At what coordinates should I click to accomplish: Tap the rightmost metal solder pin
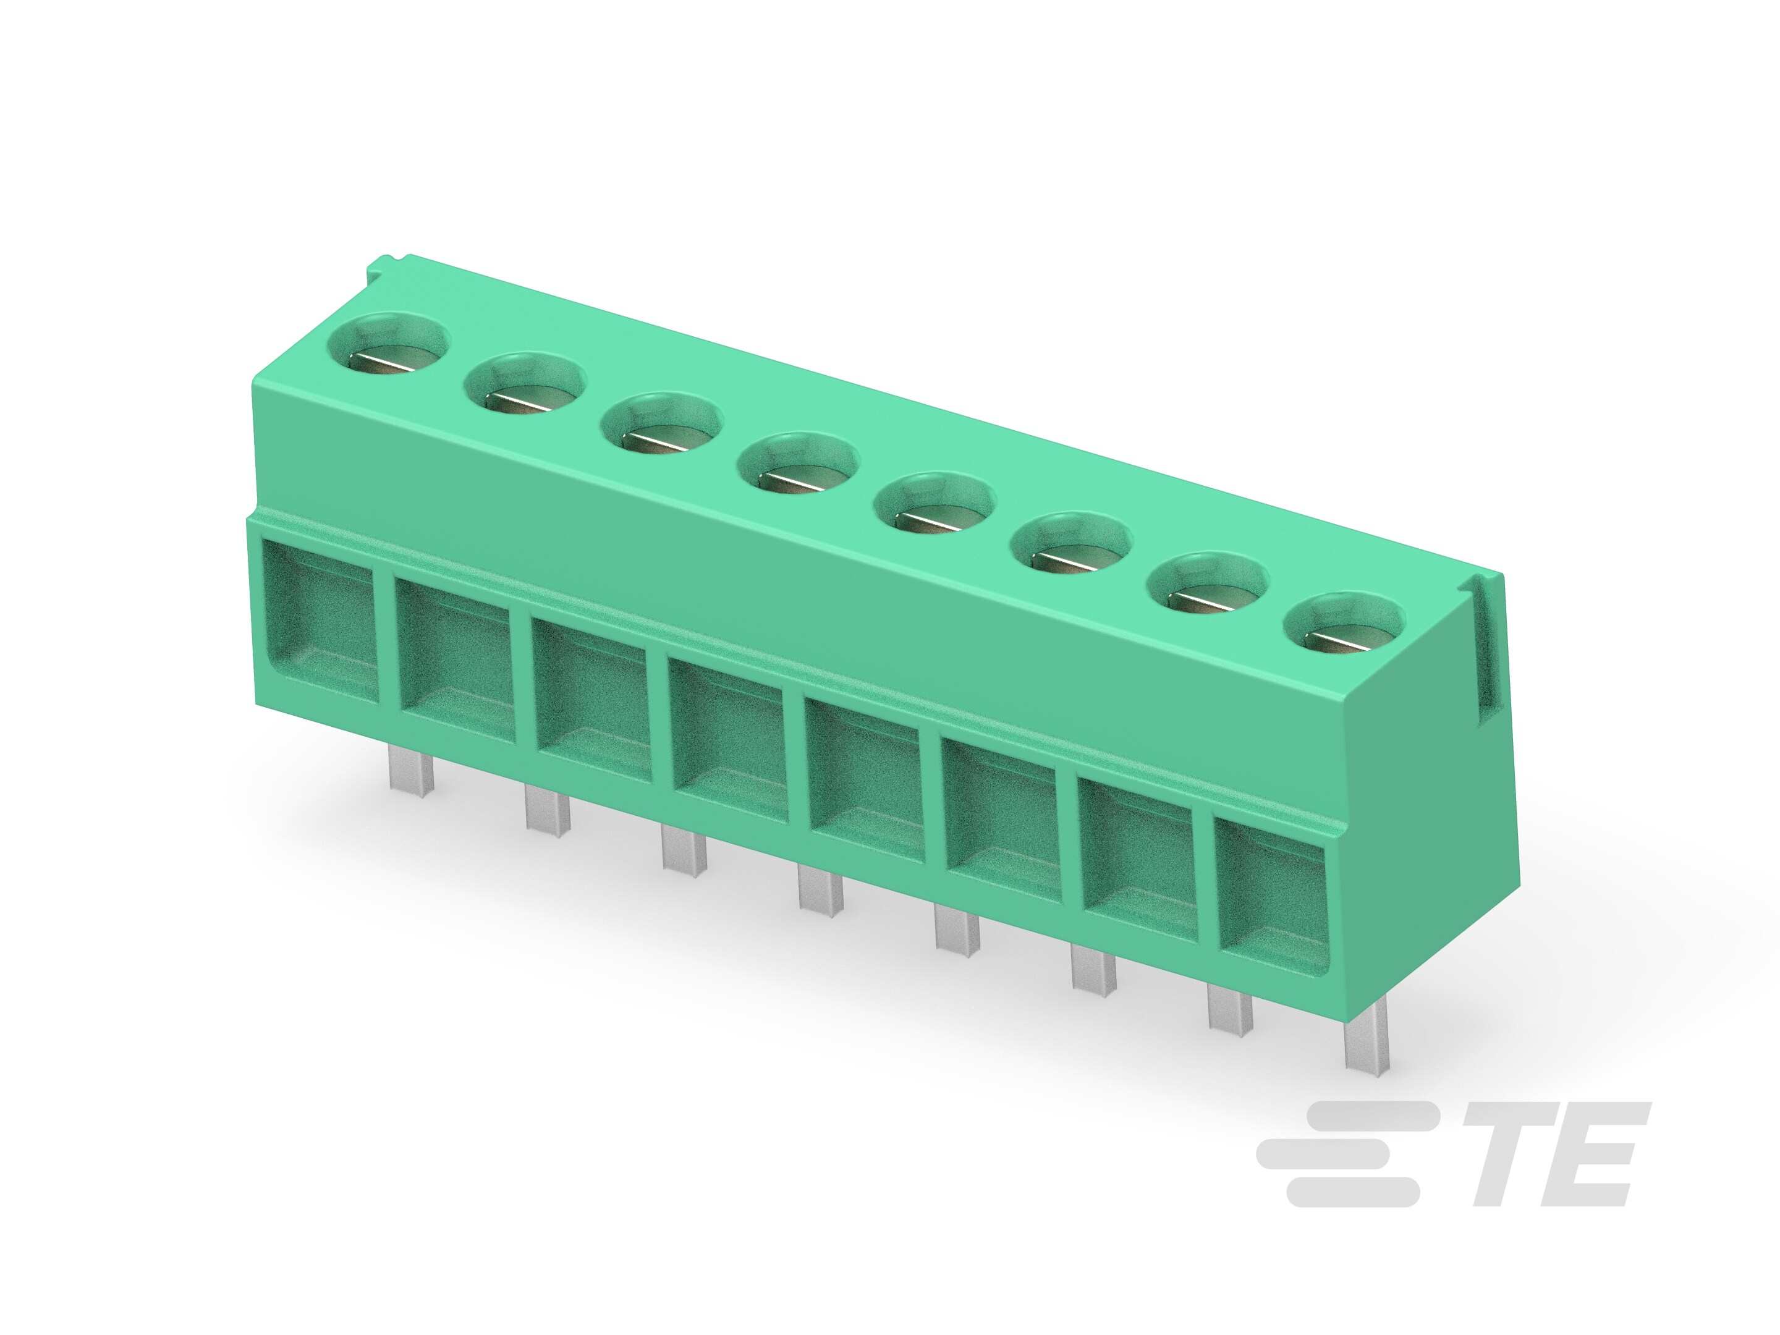pos(1365,1045)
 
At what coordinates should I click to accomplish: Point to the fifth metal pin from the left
pos(957,928)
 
